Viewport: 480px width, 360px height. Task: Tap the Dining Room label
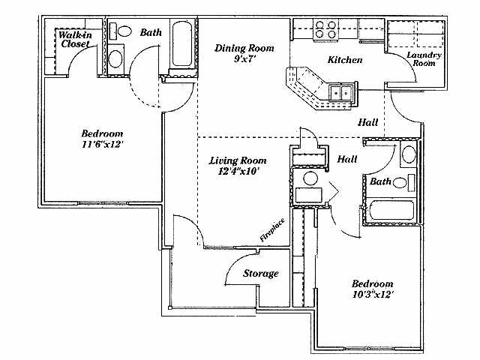point(244,48)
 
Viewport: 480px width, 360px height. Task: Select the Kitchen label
point(345,59)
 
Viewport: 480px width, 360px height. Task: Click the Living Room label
point(237,160)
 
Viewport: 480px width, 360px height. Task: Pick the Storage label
point(260,274)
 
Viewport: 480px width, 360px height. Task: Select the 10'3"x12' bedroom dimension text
point(373,295)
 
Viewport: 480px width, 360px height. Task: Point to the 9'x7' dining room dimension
point(244,59)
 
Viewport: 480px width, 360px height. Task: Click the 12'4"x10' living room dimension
point(237,171)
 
